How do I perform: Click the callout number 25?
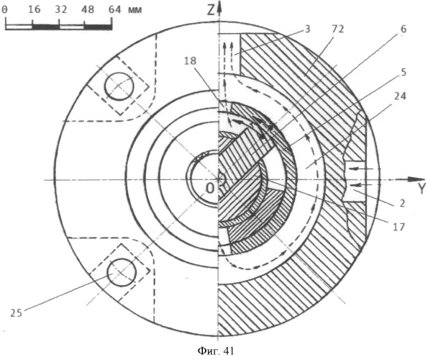[16, 313]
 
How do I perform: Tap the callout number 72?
[337, 29]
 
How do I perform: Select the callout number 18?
[190, 61]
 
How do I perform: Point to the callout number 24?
[400, 96]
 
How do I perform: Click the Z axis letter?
[211, 11]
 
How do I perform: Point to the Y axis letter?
[422, 189]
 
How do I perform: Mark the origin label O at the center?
[209, 188]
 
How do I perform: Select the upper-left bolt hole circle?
[119, 86]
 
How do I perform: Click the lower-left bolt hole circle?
[122, 272]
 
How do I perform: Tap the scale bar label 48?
[87, 10]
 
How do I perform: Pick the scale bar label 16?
[34, 10]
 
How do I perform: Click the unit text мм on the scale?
[135, 10]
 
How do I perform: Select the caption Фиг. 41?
[216, 351]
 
